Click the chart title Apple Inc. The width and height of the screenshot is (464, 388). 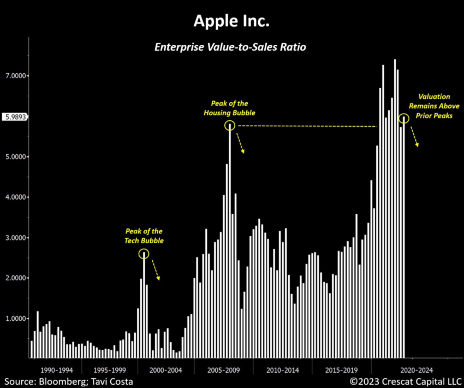coord(231,22)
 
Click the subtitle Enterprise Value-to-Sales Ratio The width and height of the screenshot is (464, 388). coord(231,48)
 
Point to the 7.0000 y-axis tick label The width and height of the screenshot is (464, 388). coord(15,76)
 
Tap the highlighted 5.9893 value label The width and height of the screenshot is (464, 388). coord(15,116)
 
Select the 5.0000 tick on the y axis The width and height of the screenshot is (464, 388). coord(15,157)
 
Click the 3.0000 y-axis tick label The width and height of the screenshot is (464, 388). coord(15,238)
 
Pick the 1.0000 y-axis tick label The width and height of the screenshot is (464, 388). coord(15,319)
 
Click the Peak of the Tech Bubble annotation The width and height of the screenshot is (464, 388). coord(144,236)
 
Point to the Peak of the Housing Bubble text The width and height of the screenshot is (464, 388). coord(230,108)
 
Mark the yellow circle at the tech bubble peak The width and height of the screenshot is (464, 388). coord(144,254)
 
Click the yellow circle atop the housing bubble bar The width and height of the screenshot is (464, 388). coord(229,125)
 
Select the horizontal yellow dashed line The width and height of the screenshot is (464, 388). coord(306,126)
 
